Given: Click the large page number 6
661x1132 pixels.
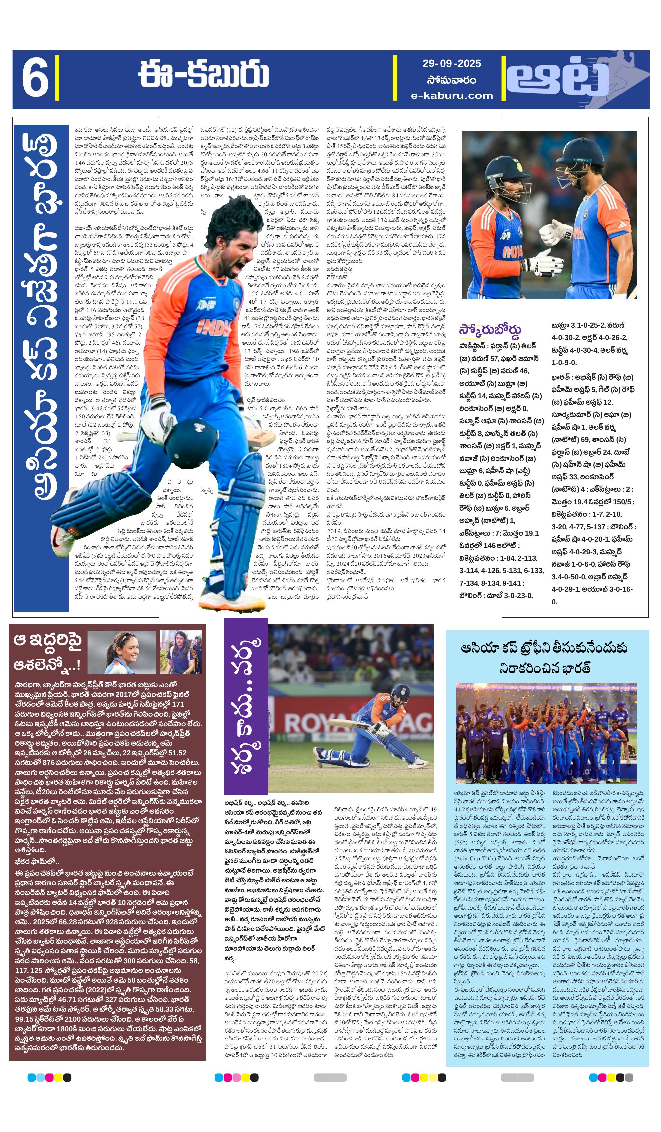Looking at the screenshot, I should [35, 79].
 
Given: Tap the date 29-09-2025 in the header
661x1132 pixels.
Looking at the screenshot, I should [451, 63].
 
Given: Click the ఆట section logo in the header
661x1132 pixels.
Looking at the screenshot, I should [562, 80].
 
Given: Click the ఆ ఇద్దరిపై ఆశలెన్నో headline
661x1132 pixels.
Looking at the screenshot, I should [47, 652].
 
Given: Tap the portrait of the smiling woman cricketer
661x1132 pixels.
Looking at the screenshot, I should [122, 652].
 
